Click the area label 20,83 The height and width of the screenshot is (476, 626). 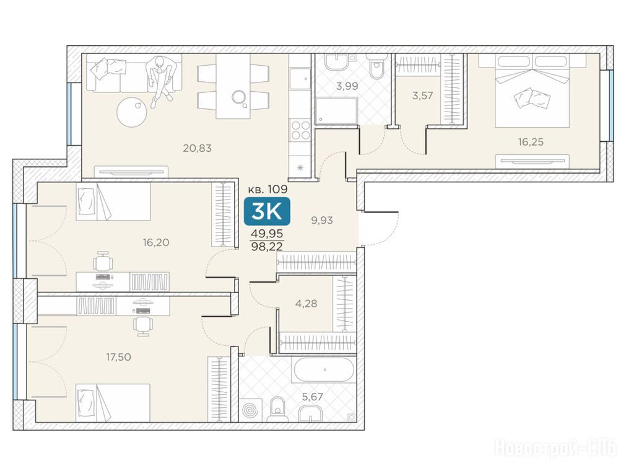(x=197, y=148)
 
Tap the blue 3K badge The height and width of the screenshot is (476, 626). (x=267, y=211)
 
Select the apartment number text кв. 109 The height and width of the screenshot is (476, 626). (x=268, y=188)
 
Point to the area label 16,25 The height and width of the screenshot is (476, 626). (x=531, y=142)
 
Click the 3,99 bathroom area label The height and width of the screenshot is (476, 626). (x=347, y=86)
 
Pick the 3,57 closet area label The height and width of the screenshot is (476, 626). (x=422, y=95)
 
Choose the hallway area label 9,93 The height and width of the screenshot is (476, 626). (x=322, y=220)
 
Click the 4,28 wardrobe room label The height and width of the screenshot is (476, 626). (x=306, y=304)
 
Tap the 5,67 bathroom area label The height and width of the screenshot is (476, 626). (x=312, y=397)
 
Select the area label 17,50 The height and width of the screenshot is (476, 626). (x=118, y=357)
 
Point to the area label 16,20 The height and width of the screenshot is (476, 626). (x=155, y=242)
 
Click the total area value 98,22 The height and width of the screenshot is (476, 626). (x=267, y=246)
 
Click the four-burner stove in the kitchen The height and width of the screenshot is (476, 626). (x=300, y=130)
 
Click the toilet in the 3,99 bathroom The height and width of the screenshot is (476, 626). (x=376, y=67)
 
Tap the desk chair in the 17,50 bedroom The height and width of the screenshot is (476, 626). (x=142, y=325)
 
